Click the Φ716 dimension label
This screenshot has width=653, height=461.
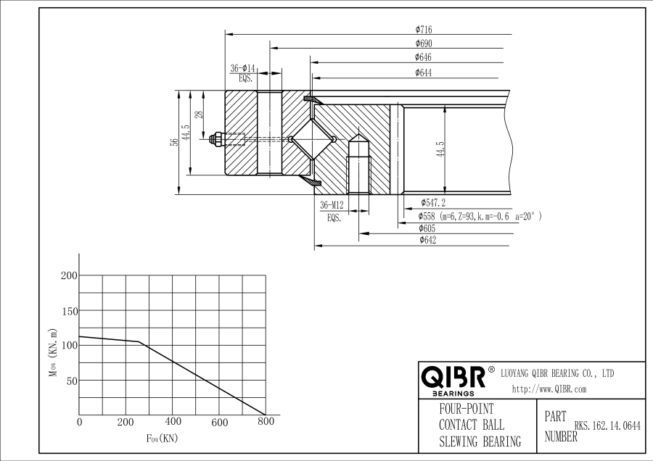tap(424, 30)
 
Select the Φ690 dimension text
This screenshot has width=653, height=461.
tap(424, 43)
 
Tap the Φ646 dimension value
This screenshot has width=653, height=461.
tap(424, 57)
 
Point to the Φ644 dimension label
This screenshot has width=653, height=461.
tap(424, 72)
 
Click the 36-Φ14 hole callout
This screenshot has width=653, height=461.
tap(243, 67)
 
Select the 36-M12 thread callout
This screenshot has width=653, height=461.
tap(333, 205)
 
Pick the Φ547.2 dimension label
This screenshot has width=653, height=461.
tap(433, 203)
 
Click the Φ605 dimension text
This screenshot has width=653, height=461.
tap(427, 228)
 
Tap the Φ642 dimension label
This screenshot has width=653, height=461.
tap(427, 241)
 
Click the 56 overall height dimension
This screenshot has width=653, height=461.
tap(174, 142)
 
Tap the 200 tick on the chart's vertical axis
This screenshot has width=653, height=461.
tap(69, 276)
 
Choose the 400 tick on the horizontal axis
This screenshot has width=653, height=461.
tap(173, 422)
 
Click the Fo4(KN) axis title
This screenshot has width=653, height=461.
tap(162, 439)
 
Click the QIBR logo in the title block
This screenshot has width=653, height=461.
tap(453, 378)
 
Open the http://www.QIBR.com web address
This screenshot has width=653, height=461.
tap(549, 389)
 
